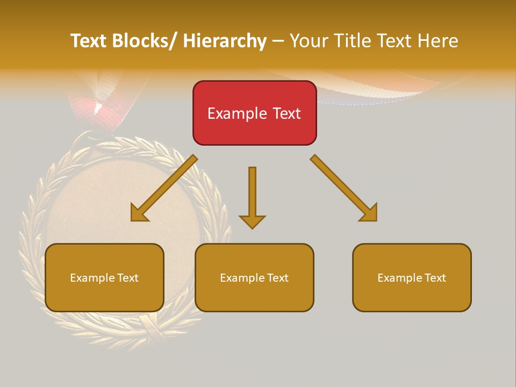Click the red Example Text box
point(254,113)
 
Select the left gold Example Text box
point(104,277)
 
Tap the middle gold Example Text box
point(254,277)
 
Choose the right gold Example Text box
point(412,277)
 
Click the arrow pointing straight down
point(252,197)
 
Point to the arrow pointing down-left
point(164,188)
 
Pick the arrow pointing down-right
point(343,188)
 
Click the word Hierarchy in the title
point(225,41)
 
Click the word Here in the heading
point(438,41)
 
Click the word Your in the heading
point(308,41)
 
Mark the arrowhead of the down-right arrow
point(368,212)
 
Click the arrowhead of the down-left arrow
point(140,212)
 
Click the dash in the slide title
point(278,41)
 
